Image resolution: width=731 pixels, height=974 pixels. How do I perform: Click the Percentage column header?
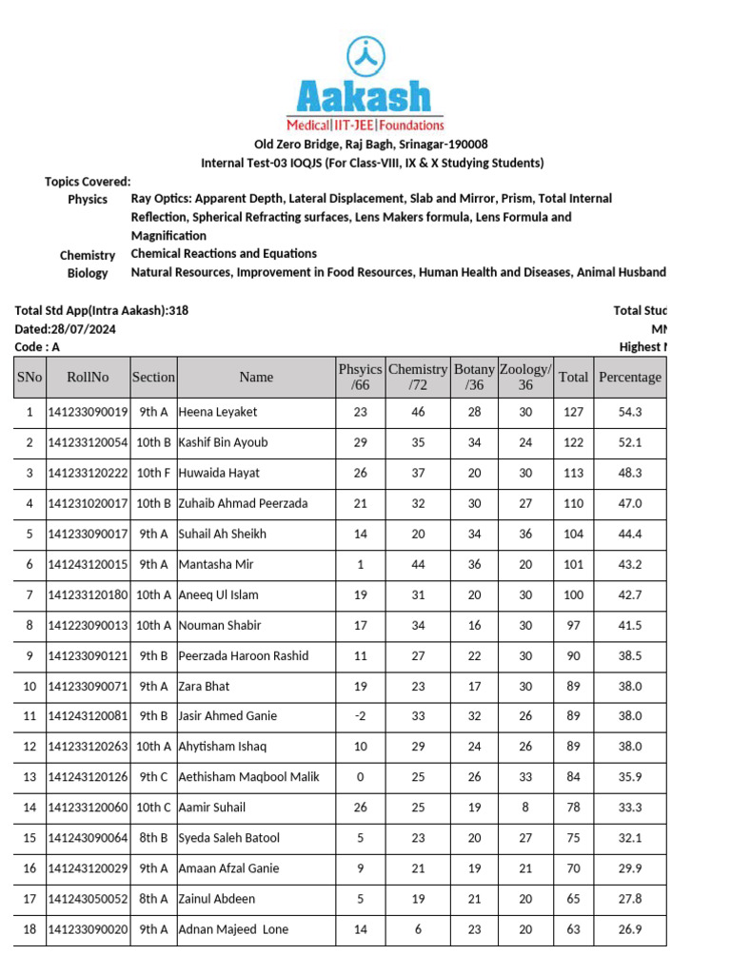click(629, 377)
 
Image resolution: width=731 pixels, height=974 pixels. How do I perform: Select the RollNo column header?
click(88, 377)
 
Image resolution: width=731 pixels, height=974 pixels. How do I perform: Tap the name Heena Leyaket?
click(218, 412)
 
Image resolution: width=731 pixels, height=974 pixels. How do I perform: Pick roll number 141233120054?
click(88, 442)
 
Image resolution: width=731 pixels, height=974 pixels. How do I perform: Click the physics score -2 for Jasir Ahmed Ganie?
click(360, 716)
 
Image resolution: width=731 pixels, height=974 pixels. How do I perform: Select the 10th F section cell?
click(153, 473)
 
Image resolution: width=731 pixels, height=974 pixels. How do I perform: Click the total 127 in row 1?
click(573, 412)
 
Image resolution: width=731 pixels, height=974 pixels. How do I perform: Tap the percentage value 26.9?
click(629, 929)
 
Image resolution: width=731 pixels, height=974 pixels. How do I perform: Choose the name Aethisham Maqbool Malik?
click(248, 777)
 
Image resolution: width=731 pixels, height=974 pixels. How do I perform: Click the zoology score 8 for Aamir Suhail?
click(525, 808)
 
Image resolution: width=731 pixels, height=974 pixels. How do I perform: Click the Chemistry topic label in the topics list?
click(88, 255)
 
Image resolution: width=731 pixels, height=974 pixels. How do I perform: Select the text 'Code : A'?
click(37, 347)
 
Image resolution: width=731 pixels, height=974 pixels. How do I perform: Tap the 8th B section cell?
click(153, 838)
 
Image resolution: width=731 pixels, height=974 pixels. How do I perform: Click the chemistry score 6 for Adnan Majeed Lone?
click(418, 929)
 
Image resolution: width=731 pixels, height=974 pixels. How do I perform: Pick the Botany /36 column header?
click(474, 377)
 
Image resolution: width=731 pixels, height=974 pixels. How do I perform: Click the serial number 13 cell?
click(30, 777)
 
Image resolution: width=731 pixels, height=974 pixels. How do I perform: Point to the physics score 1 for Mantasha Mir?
click(360, 564)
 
